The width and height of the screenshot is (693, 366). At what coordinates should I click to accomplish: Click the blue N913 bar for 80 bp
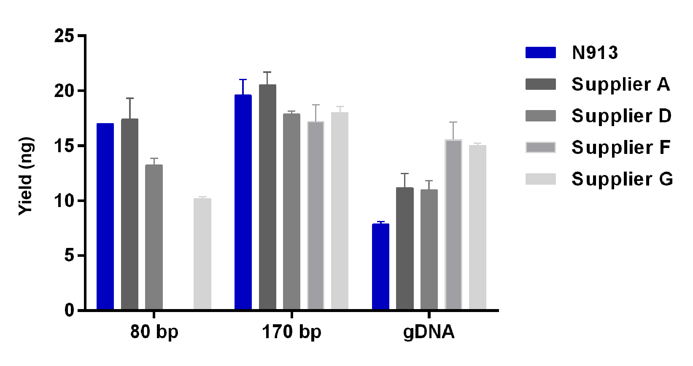105,217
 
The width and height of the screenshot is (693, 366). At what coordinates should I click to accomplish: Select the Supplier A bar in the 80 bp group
129,215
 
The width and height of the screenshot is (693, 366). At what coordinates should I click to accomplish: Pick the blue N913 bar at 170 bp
243,202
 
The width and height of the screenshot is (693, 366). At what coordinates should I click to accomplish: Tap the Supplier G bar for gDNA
477,228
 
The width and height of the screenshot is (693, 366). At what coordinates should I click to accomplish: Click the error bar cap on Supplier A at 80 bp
129,98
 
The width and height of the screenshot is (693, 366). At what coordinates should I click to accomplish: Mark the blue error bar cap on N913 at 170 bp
243,79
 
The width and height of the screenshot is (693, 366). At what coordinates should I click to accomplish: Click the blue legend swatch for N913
540,52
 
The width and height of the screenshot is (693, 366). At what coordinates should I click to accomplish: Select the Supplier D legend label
621,116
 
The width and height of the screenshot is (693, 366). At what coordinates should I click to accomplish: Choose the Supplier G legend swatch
540,179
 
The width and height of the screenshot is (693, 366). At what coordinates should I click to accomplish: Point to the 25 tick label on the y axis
64,36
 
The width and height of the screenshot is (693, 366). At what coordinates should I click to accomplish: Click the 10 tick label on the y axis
64,201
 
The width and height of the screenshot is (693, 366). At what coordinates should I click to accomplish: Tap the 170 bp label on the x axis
291,332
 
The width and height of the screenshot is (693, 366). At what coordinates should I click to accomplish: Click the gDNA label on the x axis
429,332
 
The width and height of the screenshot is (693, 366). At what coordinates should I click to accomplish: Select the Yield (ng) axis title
26,176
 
